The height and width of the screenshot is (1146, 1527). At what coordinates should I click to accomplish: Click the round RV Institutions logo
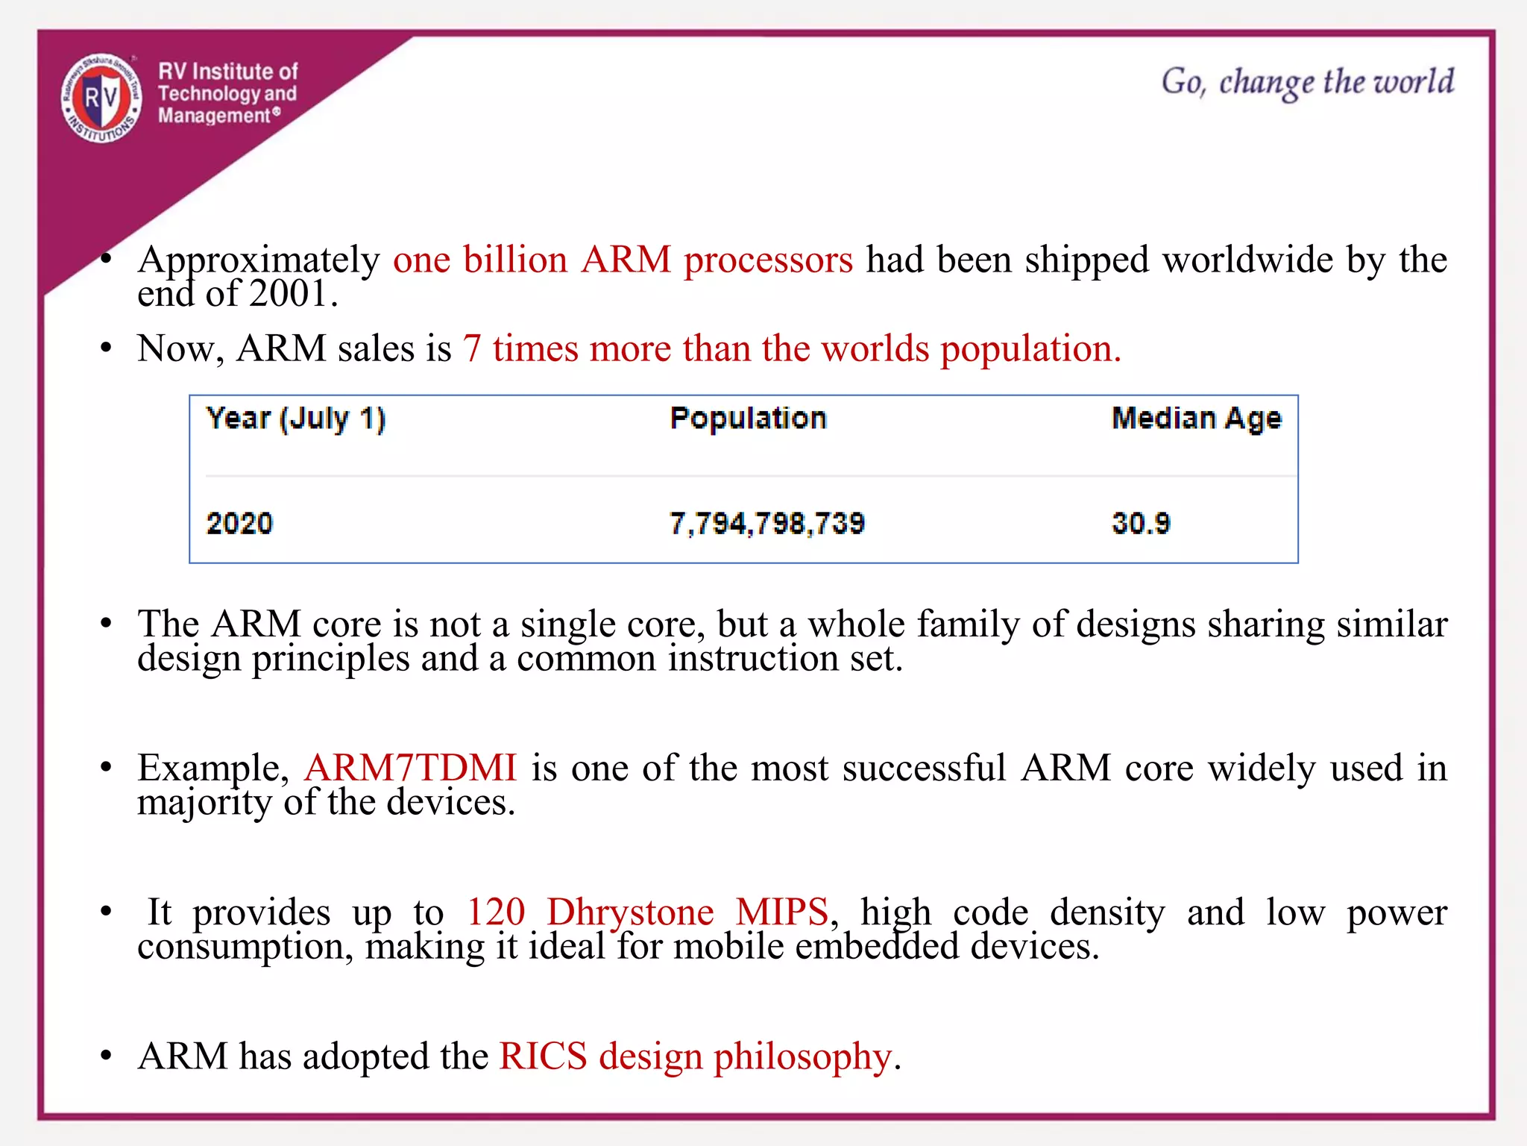coord(101,98)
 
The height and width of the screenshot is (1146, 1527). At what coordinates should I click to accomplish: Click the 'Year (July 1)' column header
coord(296,419)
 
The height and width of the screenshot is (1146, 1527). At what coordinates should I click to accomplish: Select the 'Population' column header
coord(749,419)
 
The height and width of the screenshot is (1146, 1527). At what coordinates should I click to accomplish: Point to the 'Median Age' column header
coord(1196,419)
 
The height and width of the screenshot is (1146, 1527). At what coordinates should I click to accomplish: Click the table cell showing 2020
coord(239,523)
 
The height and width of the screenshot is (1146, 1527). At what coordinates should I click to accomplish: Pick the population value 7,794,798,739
coord(767,523)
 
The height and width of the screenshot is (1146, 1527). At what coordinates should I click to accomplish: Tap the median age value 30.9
coord(1141,523)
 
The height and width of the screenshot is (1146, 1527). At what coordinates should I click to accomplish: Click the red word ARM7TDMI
coord(410,768)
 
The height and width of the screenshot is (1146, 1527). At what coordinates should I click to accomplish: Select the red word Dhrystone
coord(630,912)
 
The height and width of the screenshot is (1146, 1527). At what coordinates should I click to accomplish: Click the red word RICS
coord(544,1056)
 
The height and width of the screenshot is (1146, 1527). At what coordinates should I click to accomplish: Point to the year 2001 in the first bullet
coord(289,293)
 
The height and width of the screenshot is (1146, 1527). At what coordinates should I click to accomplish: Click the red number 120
coord(496,912)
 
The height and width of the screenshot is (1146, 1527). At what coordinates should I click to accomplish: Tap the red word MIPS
coord(781,912)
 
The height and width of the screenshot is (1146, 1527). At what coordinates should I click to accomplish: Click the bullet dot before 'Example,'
coord(107,768)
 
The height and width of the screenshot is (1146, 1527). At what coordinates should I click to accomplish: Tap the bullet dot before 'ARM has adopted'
coord(107,1056)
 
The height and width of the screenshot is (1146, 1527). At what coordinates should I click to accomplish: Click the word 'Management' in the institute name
coord(214,116)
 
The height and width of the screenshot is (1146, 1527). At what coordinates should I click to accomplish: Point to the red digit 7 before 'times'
coord(472,349)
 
